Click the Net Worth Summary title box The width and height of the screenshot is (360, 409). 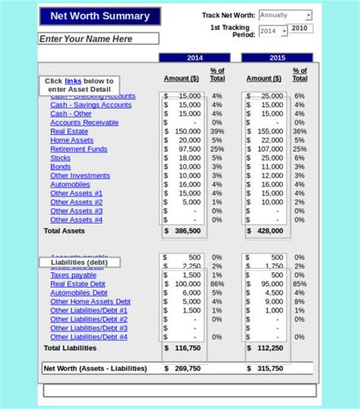click(x=99, y=16)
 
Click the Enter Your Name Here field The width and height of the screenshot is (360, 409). click(x=99, y=39)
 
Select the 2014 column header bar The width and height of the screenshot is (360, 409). click(x=194, y=58)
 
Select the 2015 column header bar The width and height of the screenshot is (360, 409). click(x=276, y=58)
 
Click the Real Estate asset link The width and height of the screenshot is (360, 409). click(x=69, y=131)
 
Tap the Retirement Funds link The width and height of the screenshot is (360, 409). click(x=79, y=149)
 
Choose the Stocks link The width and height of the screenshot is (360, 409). click(x=61, y=158)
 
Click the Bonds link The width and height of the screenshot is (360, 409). click(x=61, y=167)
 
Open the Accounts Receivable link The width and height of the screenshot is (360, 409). click(x=84, y=122)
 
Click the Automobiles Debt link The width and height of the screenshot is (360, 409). click(x=79, y=293)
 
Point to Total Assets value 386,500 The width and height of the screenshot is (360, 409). click(x=188, y=231)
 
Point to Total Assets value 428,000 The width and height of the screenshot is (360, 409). click(x=270, y=231)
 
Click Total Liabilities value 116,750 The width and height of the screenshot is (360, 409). click(x=188, y=348)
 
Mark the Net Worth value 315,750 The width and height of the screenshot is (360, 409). click(x=270, y=368)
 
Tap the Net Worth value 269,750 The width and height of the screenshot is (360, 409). click(x=188, y=368)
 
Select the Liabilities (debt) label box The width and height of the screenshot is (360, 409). click(x=79, y=263)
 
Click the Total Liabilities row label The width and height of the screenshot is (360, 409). click(x=70, y=348)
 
